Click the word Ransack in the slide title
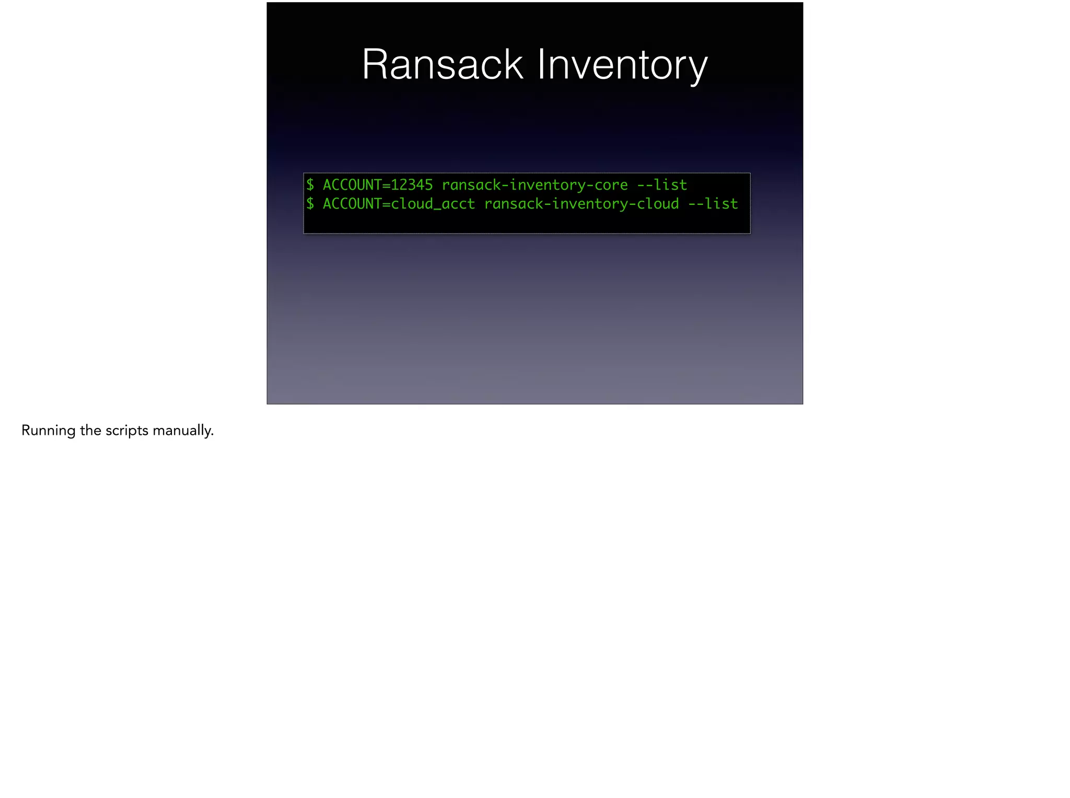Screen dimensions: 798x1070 point(442,64)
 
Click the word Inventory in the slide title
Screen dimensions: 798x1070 point(622,64)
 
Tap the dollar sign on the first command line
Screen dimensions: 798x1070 point(310,184)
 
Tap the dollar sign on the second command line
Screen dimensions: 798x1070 point(310,203)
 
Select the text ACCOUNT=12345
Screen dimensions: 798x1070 point(378,184)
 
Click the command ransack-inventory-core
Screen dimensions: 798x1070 point(534,184)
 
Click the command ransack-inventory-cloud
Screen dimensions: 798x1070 point(581,203)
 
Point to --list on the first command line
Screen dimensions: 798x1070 point(662,184)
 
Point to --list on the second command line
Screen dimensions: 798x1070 point(713,203)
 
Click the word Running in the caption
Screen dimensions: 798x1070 point(49,431)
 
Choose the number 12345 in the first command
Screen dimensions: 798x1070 point(412,184)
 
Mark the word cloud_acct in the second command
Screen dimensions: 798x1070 point(433,203)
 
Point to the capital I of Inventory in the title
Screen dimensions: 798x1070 point(541,64)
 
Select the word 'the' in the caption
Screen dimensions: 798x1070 point(91,431)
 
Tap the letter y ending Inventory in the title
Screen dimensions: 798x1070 point(697,68)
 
